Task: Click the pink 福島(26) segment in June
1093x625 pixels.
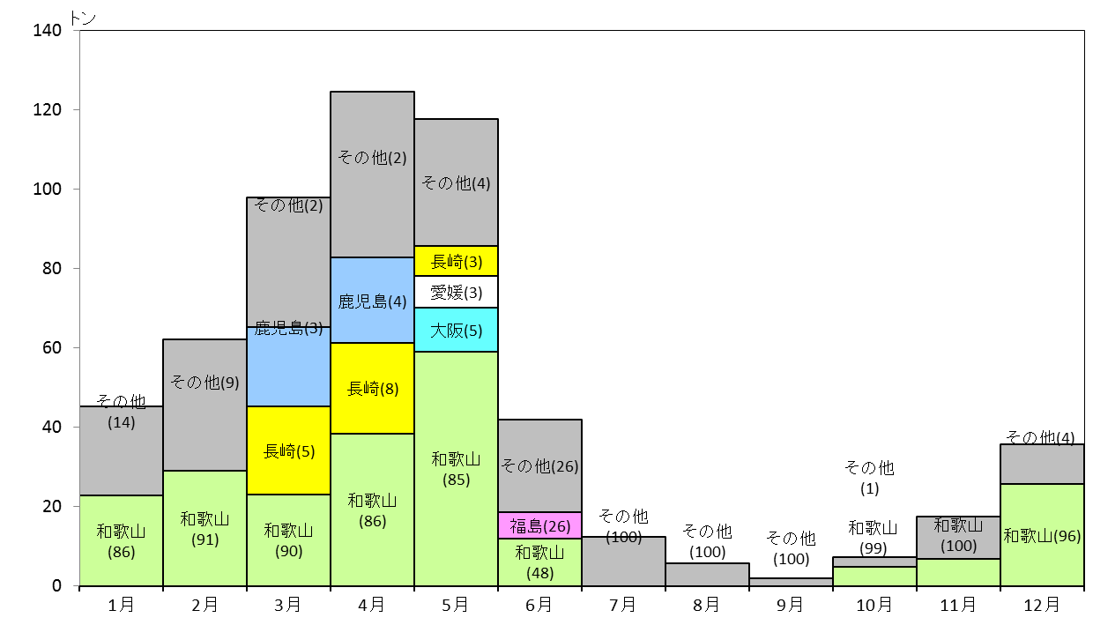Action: tap(539, 525)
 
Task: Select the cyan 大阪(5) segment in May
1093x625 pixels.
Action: tap(457, 330)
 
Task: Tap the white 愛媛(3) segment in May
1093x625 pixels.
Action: tap(457, 293)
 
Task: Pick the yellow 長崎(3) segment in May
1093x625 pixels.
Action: tap(457, 261)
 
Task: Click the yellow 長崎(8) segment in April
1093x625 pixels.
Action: tap(372, 389)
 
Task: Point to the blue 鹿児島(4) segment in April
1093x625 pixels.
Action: tap(372, 300)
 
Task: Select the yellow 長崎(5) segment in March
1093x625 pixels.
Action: tap(288, 450)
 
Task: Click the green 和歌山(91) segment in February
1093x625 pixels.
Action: tap(204, 528)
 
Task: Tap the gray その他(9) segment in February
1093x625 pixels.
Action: tap(204, 405)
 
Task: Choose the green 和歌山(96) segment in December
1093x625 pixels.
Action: tap(1042, 535)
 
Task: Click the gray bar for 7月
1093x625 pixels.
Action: tap(623, 562)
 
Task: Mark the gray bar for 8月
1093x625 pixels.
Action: tap(708, 575)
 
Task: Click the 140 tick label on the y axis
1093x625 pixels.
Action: tap(47, 31)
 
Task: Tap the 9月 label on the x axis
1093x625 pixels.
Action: tap(791, 605)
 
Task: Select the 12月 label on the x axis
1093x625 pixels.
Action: tap(1042, 605)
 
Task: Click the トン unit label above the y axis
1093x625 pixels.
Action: tap(83, 19)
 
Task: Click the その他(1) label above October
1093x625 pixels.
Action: tap(869, 478)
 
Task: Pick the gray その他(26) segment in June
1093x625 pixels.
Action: tap(539, 465)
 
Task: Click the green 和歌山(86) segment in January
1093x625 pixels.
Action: tap(121, 540)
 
